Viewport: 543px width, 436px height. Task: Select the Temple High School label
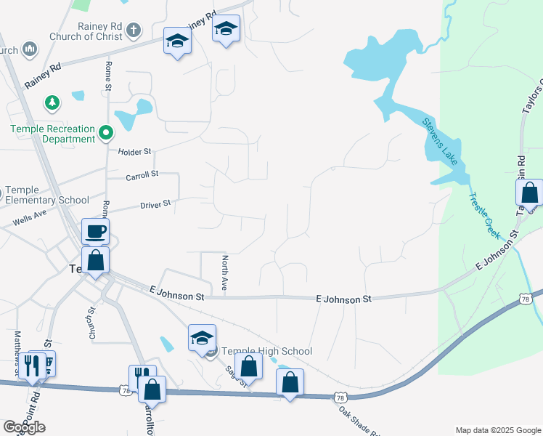[266, 352]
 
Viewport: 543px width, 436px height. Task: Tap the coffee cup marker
[95, 232]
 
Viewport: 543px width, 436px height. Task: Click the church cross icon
[132, 31]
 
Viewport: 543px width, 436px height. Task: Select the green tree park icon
[52, 102]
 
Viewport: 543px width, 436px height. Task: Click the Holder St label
[135, 152]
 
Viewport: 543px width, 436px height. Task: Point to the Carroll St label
[142, 174]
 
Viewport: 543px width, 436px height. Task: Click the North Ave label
[225, 273]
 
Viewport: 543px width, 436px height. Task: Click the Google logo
[24, 427]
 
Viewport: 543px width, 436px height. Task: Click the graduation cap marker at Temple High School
[203, 338]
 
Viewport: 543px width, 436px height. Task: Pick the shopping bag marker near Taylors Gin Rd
[529, 193]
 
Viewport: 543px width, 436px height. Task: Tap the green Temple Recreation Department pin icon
[106, 132]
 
